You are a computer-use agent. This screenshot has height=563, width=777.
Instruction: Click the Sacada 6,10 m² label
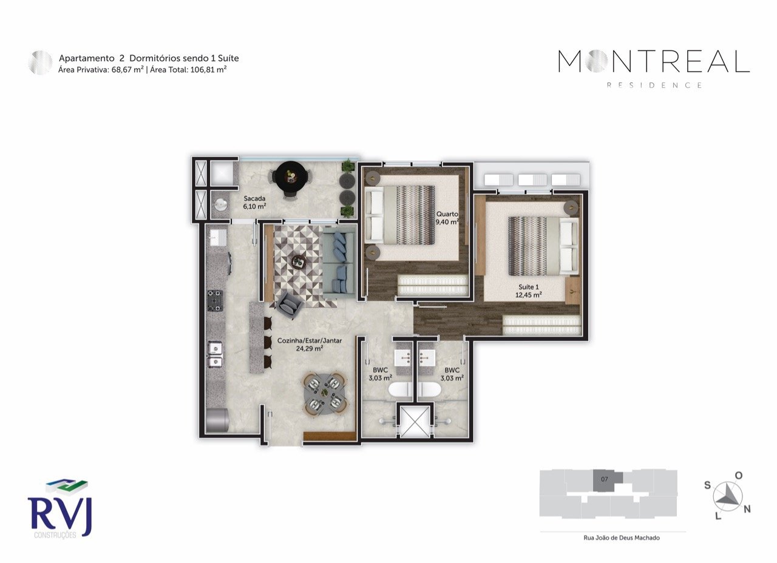click(255, 202)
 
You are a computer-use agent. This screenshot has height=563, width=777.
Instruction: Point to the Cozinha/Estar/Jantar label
click(309, 344)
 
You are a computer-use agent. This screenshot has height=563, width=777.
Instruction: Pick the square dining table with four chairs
click(325, 393)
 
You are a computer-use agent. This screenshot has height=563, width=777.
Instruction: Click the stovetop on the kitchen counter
click(215, 300)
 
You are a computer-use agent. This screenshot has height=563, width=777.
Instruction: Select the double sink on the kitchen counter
click(215, 354)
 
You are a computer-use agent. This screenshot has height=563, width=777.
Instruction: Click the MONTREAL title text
click(654, 62)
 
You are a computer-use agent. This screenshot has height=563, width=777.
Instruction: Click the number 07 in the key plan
click(605, 479)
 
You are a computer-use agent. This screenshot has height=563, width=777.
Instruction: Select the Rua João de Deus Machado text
click(612, 538)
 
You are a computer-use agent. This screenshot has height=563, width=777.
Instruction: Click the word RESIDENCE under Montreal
click(654, 86)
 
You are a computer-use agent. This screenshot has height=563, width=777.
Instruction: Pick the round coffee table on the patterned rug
click(298, 261)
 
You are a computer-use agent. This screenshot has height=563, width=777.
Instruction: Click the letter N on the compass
click(747, 509)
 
